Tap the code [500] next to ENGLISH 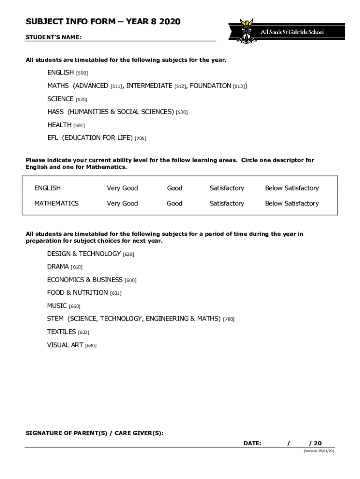(x=82, y=73)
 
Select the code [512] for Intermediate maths (x=180, y=86)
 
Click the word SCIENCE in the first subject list (x=60, y=99)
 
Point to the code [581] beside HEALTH (x=79, y=125)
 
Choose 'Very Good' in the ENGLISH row (x=122, y=188)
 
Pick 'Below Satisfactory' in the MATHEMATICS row (x=292, y=203)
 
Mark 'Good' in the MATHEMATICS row (x=174, y=203)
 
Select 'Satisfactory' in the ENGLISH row (x=227, y=188)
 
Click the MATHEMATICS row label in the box (x=56, y=203)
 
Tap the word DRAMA (x=58, y=267)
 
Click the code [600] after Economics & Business (x=130, y=280)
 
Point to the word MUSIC (x=57, y=306)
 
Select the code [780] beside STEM (x=229, y=319)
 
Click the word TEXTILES (x=61, y=332)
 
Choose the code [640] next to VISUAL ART (x=91, y=346)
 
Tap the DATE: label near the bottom (x=252, y=443)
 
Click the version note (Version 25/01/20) (x=319, y=451)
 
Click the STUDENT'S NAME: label (x=53, y=37)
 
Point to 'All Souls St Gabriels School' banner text (x=292, y=32)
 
